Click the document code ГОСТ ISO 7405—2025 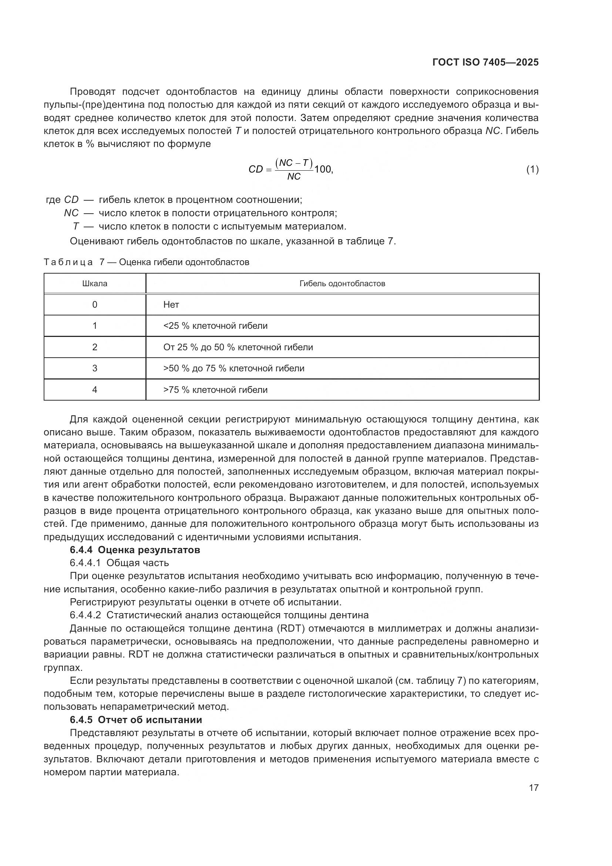point(485,62)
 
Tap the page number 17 point(534,788)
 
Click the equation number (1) point(532,170)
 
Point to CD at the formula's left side point(255,169)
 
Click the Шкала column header point(95,284)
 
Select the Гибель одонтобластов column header point(342,284)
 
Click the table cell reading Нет point(171,305)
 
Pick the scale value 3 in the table point(95,368)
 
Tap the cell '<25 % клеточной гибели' point(215,326)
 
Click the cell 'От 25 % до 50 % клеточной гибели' point(238,347)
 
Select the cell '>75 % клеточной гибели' point(215,390)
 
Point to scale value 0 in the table point(95,305)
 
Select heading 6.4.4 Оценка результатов point(135,550)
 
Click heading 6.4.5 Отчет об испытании point(136,720)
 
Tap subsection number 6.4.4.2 point(85,615)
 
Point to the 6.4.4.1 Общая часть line point(119,563)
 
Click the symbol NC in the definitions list point(71,213)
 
